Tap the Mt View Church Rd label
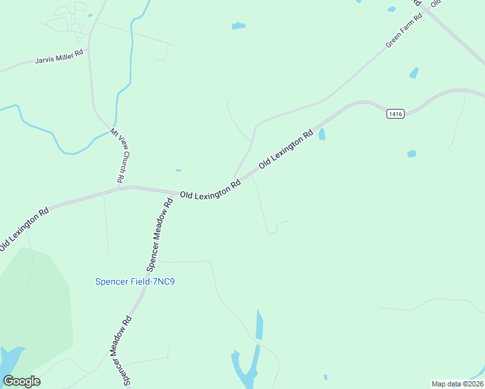point(118,155)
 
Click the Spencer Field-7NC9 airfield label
point(136,281)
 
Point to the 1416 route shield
point(396,114)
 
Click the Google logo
point(21,381)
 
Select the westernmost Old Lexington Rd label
point(25,230)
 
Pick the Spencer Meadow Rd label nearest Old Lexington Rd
point(160,234)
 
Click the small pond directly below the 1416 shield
point(411,154)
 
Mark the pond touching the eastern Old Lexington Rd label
point(322,134)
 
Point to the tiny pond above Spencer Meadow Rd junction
point(178,171)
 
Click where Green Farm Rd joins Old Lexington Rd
point(235,177)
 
